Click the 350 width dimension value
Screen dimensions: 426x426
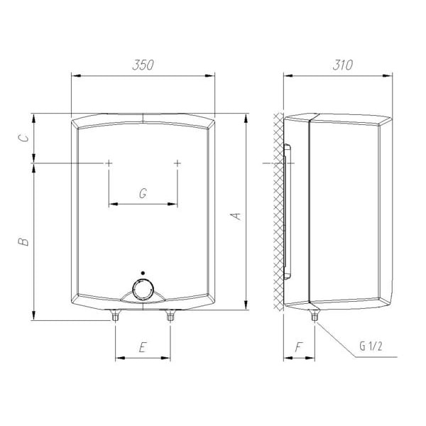point(143,65)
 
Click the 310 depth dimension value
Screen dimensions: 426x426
point(343,65)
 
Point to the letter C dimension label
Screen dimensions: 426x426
point(23,138)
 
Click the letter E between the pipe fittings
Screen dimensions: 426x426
point(143,347)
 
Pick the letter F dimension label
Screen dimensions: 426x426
point(299,347)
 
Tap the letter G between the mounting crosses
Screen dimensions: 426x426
point(143,193)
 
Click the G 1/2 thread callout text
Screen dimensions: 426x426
point(371,346)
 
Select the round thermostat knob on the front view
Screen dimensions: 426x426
point(143,290)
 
